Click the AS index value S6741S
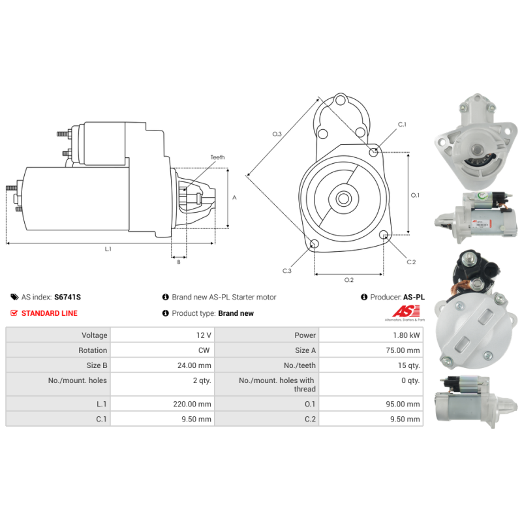(68, 297)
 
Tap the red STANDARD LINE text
(50, 313)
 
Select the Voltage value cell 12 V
(204, 335)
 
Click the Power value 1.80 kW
(406, 335)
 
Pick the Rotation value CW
(204, 350)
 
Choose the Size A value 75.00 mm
(403, 350)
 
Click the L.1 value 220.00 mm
(192, 404)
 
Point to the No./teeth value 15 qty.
(409, 365)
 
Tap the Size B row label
(97, 365)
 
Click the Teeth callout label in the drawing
(217, 157)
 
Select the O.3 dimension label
(277, 134)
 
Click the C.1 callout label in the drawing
(402, 124)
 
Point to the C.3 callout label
(287, 271)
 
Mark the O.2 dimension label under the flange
(349, 280)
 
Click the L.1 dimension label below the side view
(108, 249)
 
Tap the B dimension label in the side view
(179, 262)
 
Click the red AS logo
(406, 312)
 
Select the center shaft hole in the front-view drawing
(344, 199)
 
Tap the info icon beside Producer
(364, 297)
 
